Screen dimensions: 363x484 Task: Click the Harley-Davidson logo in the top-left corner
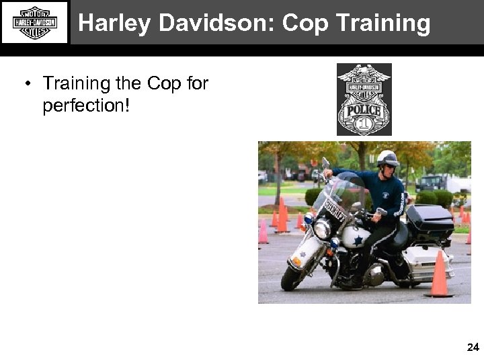34,22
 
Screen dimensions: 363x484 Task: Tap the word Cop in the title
307,24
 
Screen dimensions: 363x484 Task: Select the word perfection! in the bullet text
85,106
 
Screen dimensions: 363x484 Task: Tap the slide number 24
473,347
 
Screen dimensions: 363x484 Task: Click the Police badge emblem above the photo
364,99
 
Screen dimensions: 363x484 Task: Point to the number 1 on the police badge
364,124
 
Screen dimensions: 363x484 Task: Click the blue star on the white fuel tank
358,239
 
